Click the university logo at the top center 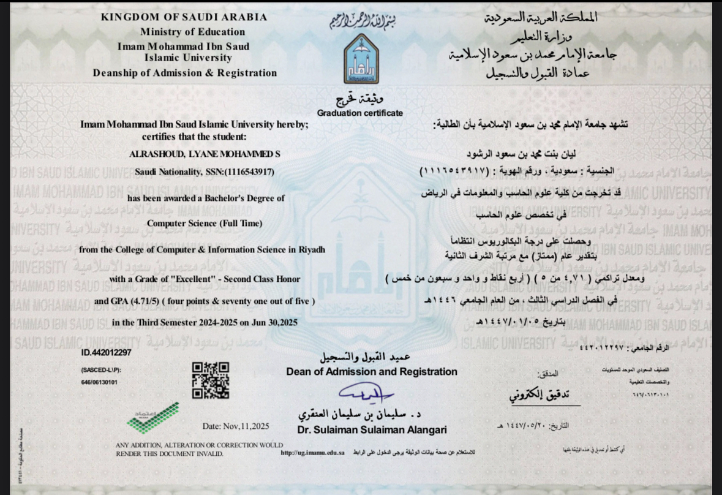361,59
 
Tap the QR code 211,380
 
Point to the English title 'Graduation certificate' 360,113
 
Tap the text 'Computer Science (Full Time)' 205,224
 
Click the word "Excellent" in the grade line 209,279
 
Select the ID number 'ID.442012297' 106,353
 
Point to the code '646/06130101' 99,382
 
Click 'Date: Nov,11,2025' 235,426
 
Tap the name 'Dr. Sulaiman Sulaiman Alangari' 372,429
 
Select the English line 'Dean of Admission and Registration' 371,372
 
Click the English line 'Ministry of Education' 192,32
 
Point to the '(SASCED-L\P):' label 101,371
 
